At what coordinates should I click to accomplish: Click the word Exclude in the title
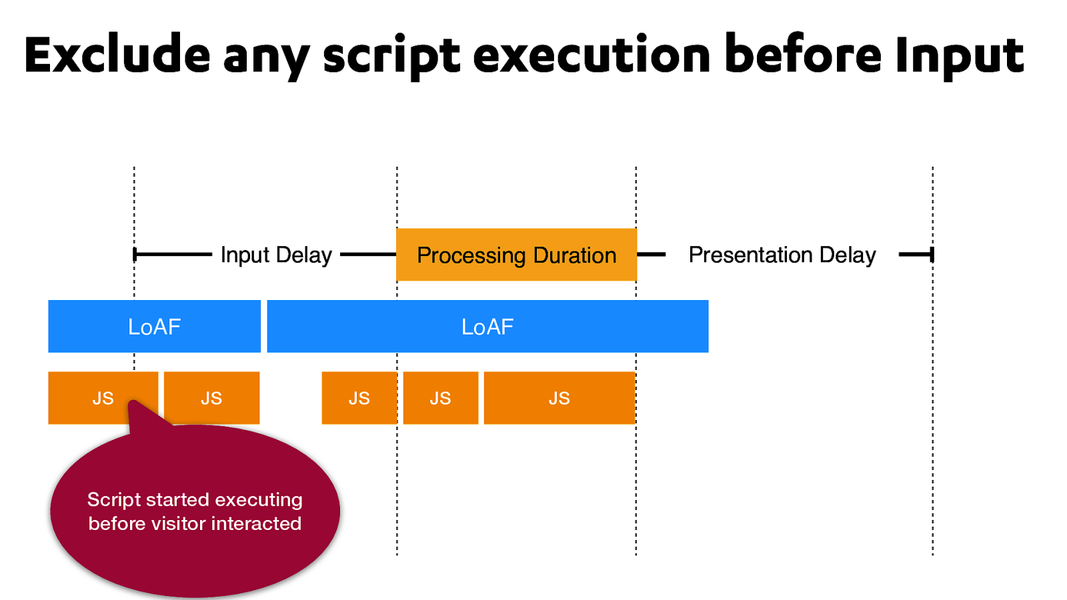117,55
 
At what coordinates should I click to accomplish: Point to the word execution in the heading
592,55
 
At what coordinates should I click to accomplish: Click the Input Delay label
276,255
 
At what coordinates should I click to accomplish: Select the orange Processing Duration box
516,255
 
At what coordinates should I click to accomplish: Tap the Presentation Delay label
782,255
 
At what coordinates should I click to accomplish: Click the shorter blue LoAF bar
154,327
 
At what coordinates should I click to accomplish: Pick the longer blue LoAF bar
487,327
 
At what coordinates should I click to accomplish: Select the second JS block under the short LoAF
211,398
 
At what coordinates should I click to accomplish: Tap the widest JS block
559,398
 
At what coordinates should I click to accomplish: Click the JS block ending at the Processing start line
359,398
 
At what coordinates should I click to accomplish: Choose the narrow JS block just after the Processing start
440,398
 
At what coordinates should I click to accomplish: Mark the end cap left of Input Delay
135,255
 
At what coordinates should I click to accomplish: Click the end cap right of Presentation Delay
932,255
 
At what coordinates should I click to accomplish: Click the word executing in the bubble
259,500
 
